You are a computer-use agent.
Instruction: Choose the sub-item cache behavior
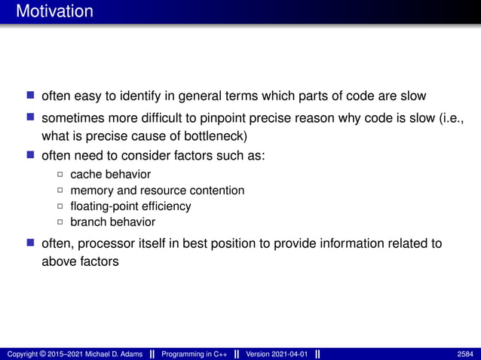click(x=110, y=174)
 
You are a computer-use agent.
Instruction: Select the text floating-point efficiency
click(x=130, y=206)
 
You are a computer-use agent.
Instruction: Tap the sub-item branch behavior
click(x=112, y=221)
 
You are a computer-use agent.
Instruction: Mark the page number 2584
click(x=465, y=354)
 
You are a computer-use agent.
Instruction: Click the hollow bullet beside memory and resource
click(x=60, y=191)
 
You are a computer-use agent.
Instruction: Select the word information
click(x=346, y=243)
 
